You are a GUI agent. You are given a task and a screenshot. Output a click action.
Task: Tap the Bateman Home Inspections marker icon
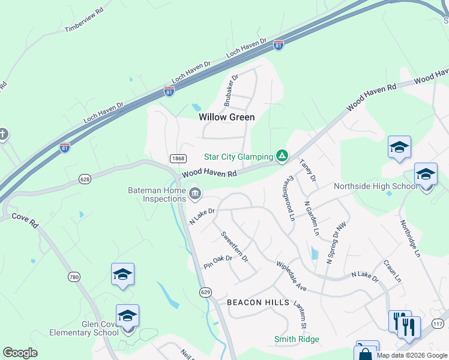click(195, 194)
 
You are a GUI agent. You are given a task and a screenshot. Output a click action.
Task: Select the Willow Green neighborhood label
click(227, 117)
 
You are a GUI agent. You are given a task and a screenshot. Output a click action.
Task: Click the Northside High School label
click(376, 186)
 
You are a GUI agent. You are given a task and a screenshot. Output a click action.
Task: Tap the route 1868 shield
click(178, 158)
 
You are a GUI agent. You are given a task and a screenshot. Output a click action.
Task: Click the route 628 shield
click(85, 179)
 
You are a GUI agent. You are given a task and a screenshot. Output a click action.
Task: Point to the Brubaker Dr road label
click(231, 90)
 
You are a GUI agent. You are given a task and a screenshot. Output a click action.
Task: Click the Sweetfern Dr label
click(234, 245)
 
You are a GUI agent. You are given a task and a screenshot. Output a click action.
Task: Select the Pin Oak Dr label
click(217, 262)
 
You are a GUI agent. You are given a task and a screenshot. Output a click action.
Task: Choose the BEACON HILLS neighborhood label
click(253, 302)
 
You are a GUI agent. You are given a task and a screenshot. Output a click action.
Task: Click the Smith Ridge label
click(297, 339)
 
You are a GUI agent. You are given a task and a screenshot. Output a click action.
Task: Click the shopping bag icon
click(364, 353)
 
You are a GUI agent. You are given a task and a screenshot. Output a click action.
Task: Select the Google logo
click(20, 353)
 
